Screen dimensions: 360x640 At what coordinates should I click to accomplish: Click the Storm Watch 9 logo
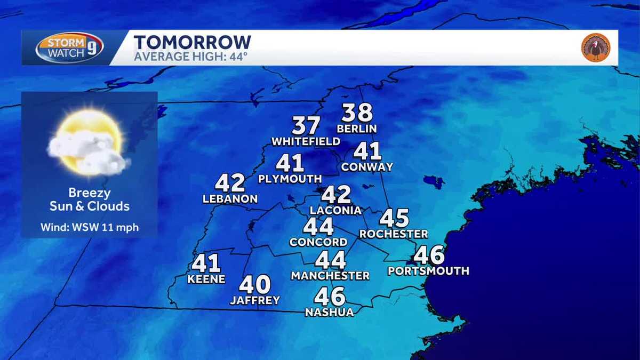69,48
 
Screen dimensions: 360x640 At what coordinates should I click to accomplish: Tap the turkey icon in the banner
596,48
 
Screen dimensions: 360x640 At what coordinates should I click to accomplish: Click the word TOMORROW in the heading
192,42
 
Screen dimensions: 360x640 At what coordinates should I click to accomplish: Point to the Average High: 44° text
190,56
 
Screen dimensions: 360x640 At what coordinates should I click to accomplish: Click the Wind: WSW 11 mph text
90,228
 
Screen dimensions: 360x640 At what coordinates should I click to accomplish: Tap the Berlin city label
357,129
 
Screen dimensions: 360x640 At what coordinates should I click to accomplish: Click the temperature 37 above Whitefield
306,126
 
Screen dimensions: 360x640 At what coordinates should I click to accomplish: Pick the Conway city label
367,167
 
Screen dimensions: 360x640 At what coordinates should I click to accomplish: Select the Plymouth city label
290,179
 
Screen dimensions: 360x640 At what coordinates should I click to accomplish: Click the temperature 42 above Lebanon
230,183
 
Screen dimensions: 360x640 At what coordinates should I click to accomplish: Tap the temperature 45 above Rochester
394,218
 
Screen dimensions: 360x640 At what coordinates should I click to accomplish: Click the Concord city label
318,242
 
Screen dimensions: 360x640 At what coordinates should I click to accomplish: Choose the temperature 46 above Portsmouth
429,255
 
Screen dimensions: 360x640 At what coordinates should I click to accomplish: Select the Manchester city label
330,276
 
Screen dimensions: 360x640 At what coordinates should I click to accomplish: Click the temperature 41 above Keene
206,263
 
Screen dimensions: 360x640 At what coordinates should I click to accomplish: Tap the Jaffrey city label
255,301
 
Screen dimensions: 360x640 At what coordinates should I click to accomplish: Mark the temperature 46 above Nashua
330,297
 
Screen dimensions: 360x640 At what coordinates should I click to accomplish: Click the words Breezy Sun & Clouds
90,199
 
